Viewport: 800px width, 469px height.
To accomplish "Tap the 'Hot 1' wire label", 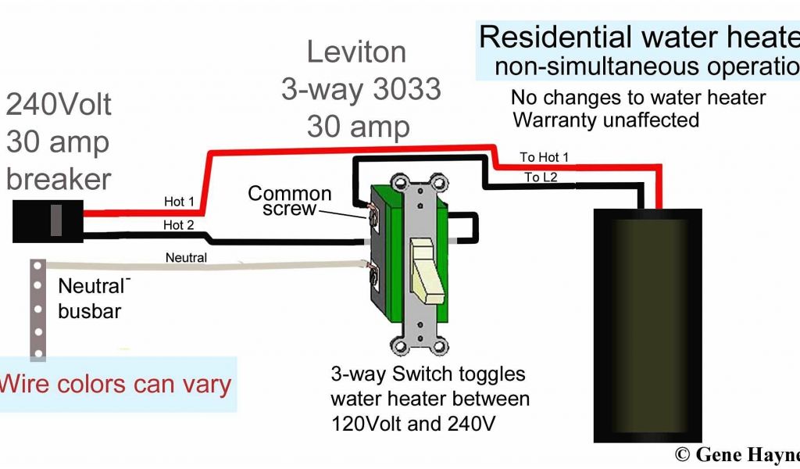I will pyautogui.click(x=179, y=202).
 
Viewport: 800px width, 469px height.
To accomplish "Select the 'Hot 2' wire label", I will pyautogui.click(x=179, y=225).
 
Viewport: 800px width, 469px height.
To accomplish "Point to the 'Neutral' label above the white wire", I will pyautogui.click(x=186, y=257).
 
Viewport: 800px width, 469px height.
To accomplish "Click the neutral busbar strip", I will pyautogui.click(x=34, y=308).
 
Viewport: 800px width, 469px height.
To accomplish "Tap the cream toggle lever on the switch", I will pyautogui.click(x=423, y=269).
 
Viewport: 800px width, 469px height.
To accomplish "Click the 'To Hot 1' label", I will pyautogui.click(x=545, y=158).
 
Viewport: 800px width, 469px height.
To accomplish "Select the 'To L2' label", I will pyautogui.click(x=541, y=177).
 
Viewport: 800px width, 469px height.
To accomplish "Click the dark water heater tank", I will pyautogui.click(x=647, y=324).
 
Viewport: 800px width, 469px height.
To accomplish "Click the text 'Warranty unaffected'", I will pyautogui.click(x=605, y=120).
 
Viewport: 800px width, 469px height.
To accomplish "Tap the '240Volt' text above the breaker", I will pyautogui.click(x=59, y=104).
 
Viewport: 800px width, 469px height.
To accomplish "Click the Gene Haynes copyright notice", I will pyautogui.click(x=737, y=454).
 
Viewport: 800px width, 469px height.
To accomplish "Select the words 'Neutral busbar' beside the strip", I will pyautogui.click(x=91, y=298).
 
